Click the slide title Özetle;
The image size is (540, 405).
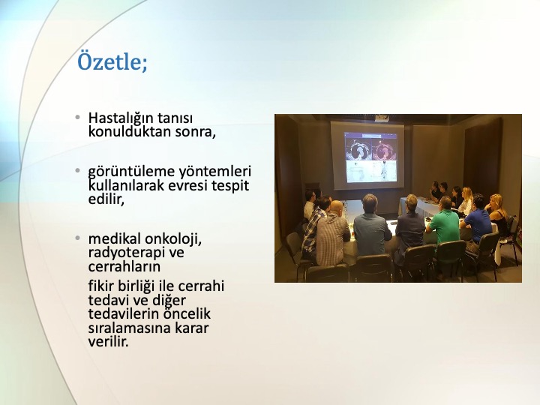[112, 61]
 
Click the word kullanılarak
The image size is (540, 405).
[127, 185]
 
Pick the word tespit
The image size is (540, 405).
[230, 186]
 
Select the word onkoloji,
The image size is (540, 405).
[173, 239]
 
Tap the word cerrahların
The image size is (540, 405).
[124, 266]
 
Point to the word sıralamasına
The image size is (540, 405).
[129, 328]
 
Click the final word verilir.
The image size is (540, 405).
[109, 342]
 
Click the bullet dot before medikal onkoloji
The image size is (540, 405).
[78, 238]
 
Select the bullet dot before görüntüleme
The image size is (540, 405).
[78, 170]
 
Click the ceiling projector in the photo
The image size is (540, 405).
[382, 118]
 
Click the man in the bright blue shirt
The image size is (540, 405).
[477, 220]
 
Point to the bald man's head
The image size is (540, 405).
[337, 207]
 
